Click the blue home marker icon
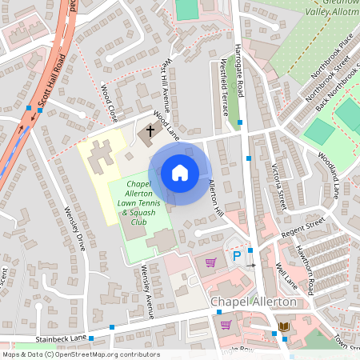click(x=180, y=173)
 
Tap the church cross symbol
click(x=150, y=130)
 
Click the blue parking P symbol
click(x=237, y=257)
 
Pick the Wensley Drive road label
click(x=74, y=230)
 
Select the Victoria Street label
click(x=280, y=181)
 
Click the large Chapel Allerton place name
click(x=252, y=303)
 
